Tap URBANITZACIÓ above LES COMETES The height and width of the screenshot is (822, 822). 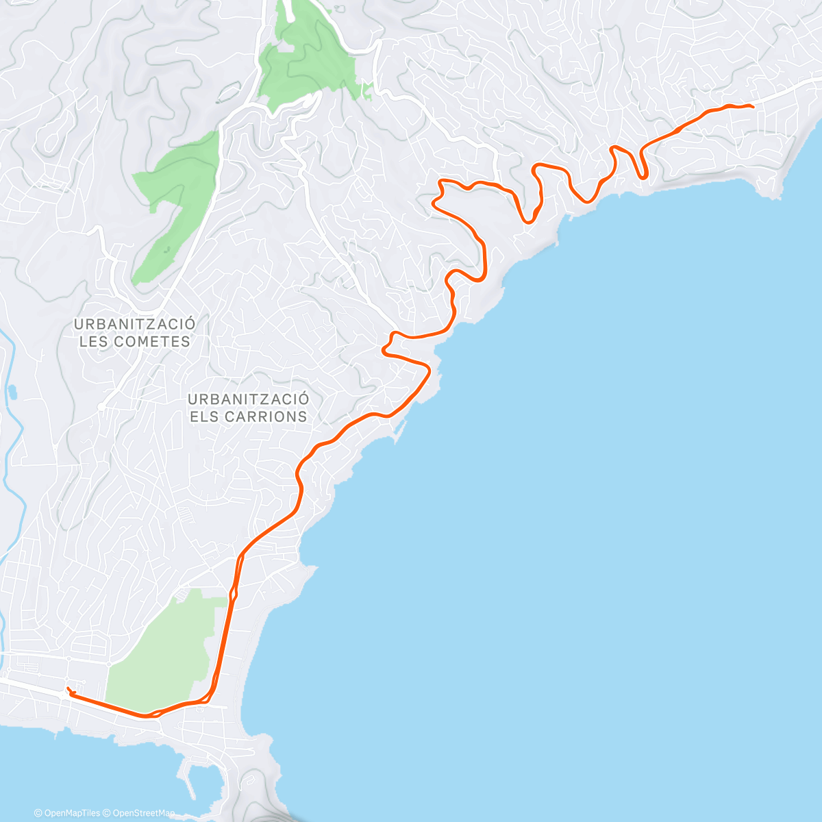pyautogui.click(x=134, y=324)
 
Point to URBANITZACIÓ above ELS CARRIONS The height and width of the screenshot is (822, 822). pyautogui.click(x=249, y=399)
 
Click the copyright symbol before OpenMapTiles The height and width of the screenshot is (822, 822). pyautogui.click(x=38, y=813)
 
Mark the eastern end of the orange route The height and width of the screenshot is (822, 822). pyautogui.click(x=753, y=105)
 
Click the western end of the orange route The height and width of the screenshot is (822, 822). pyautogui.click(x=67, y=688)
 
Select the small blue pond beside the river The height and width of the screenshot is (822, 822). pyautogui.click(x=13, y=393)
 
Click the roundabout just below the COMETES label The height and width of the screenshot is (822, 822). pyautogui.click(x=101, y=406)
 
